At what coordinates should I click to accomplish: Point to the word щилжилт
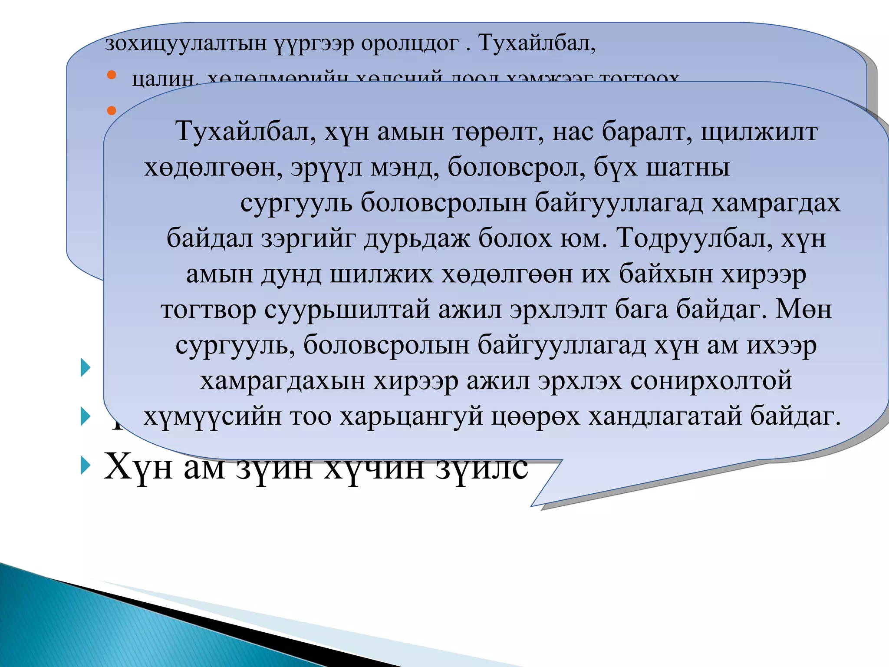759,132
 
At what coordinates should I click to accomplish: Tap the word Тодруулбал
695,238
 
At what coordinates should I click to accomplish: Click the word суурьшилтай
347,309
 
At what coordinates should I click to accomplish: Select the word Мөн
803,309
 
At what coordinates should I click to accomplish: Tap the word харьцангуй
411,416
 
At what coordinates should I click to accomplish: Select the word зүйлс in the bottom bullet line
482,467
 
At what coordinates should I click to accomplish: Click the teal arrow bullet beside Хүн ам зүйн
86,466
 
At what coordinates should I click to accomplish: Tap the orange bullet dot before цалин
112,75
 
